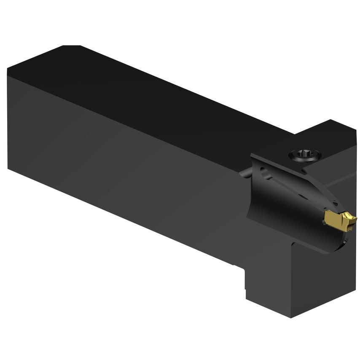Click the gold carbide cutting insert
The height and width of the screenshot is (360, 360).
coord(340,219)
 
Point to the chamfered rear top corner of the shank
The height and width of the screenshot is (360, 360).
coord(72,46)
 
